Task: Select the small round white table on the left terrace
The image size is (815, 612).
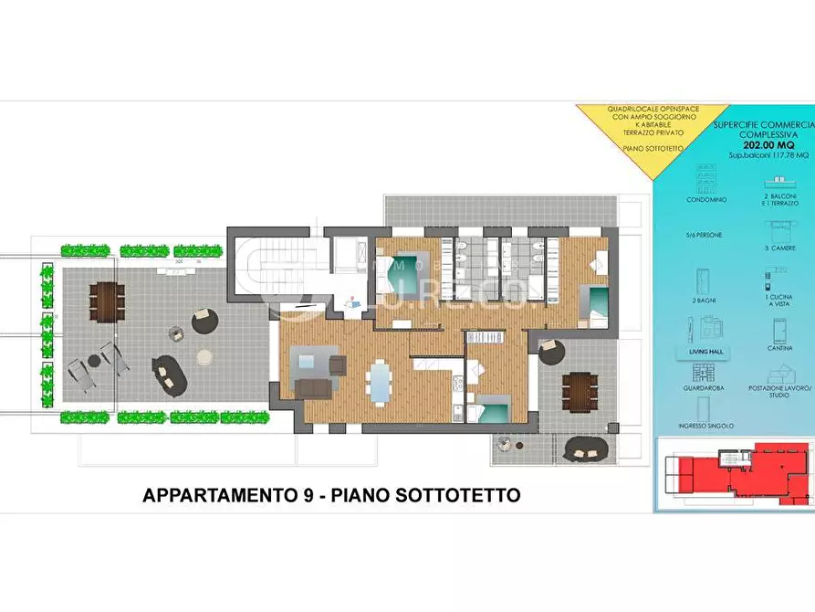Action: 205,354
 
